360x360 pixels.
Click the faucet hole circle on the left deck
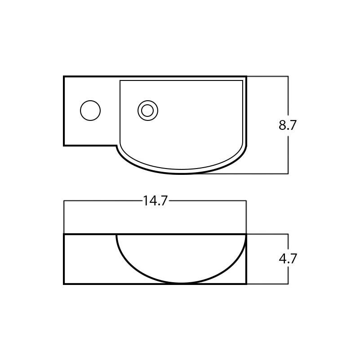(x=90, y=111)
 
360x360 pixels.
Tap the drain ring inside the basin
(x=148, y=111)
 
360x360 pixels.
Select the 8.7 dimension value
(x=288, y=125)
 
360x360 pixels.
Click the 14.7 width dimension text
(x=155, y=201)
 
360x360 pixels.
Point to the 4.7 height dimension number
(x=288, y=259)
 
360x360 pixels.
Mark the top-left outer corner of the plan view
(x=64, y=77)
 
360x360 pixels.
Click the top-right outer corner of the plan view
(x=246, y=77)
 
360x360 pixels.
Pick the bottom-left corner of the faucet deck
(x=64, y=145)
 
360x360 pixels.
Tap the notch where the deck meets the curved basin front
(x=117, y=146)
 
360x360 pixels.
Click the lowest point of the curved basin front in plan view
(x=181, y=173)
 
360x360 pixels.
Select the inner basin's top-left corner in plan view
(x=120, y=81)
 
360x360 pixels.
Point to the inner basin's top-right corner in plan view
(x=242, y=81)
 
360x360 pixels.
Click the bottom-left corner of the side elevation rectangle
(x=64, y=284)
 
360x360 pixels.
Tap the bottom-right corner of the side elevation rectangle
(x=246, y=284)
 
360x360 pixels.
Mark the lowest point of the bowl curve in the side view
(x=181, y=283)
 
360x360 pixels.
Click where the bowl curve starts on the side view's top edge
(x=117, y=235)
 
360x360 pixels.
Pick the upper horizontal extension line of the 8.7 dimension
(x=267, y=76)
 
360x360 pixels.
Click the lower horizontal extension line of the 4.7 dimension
(x=267, y=284)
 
